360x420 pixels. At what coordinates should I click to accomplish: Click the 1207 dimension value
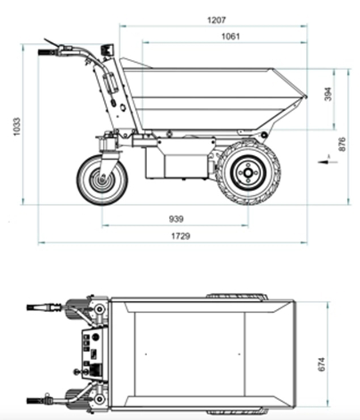[x=217, y=19]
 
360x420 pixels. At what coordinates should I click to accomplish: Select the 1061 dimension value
[x=230, y=36]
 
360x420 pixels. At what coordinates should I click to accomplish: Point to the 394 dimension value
[x=327, y=95]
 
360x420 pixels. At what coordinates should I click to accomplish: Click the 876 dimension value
[x=342, y=144]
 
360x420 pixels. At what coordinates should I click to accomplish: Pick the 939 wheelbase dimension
[x=176, y=219]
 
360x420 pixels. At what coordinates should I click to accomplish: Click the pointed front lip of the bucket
[x=305, y=96]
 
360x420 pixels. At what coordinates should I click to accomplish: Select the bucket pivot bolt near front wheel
[x=264, y=134]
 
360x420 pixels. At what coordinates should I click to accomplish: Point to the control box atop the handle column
[x=106, y=50]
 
